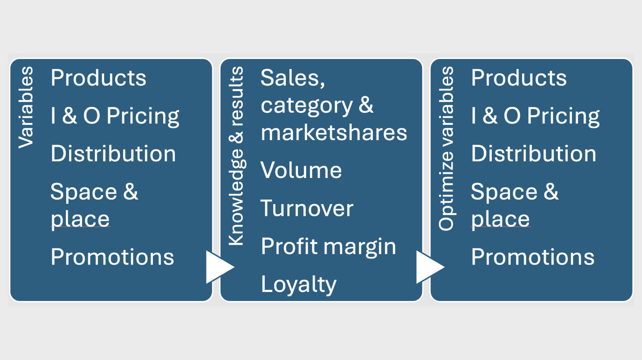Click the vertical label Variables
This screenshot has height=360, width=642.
(x=26, y=107)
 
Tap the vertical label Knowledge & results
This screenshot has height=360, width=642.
(x=236, y=156)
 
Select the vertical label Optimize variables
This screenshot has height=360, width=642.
(x=446, y=148)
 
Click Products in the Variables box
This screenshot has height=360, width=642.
(x=98, y=78)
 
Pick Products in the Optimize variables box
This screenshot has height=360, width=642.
(x=518, y=78)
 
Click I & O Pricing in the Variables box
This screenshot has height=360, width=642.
(x=115, y=116)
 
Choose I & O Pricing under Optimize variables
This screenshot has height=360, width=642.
(x=535, y=116)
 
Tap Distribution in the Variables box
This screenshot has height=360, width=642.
(x=113, y=154)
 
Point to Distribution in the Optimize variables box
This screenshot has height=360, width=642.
(x=533, y=154)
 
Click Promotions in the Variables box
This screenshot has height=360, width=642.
(x=112, y=257)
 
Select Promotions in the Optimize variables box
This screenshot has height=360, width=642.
(x=532, y=257)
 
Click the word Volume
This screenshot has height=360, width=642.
(x=301, y=170)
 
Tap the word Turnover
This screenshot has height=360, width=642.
(x=307, y=209)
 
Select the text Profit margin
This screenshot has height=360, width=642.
(x=328, y=247)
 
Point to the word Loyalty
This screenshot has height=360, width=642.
(x=298, y=285)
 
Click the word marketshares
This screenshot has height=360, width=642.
(x=334, y=133)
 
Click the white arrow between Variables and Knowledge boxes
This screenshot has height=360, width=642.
(x=219, y=267)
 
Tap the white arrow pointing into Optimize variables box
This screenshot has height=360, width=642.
(x=429, y=267)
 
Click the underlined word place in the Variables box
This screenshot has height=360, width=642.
(x=80, y=219)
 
